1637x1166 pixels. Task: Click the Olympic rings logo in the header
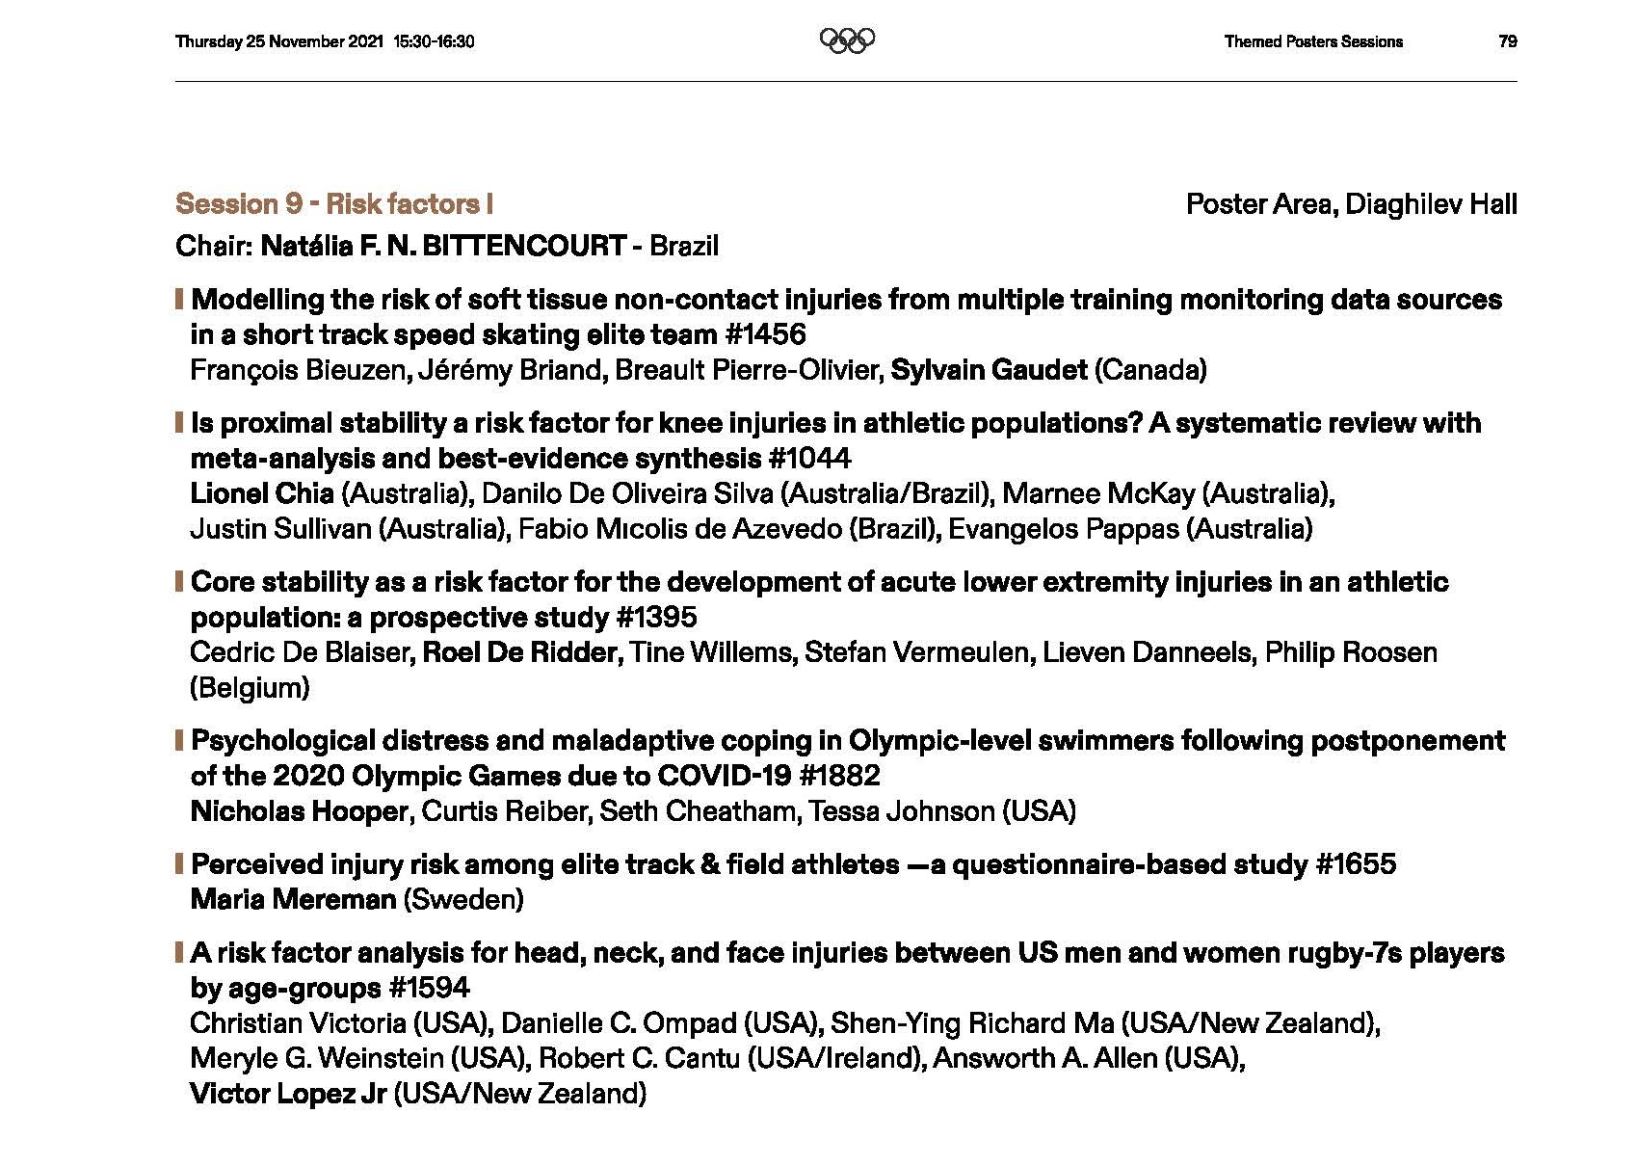(847, 40)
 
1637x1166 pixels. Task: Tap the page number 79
(1508, 41)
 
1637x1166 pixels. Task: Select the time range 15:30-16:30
(434, 41)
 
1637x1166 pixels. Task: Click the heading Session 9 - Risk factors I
(334, 204)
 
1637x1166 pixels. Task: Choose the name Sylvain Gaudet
(989, 370)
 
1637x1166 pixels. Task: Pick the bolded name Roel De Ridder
(520, 652)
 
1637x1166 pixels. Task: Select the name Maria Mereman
(294, 900)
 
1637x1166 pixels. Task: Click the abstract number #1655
(1356, 864)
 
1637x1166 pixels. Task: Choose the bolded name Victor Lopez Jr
(288, 1094)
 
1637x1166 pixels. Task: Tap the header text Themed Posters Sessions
(1313, 41)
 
